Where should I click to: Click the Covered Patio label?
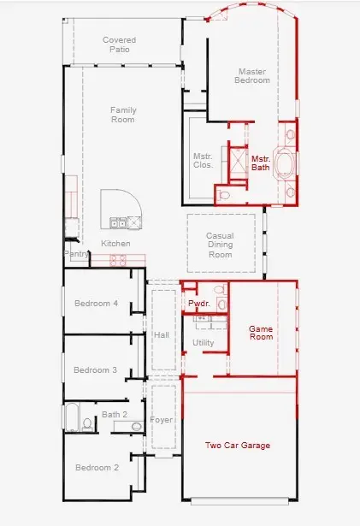(x=120, y=44)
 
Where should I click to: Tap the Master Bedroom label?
(x=252, y=76)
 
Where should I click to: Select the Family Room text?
(x=123, y=115)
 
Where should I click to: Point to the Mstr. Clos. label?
(x=203, y=161)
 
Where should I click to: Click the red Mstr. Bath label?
(x=261, y=163)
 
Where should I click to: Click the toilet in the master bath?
(x=223, y=194)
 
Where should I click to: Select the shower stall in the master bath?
(x=238, y=162)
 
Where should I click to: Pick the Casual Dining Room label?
(x=220, y=245)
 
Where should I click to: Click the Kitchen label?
(x=115, y=244)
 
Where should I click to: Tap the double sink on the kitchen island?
(x=118, y=222)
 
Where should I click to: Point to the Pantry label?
(x=76, y=254)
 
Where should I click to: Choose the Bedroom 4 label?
(x=96, y=304)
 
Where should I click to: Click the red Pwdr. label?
(x=199, y=304)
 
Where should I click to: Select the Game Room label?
(x=261, y=333)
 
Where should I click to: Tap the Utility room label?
(x=203, y=343)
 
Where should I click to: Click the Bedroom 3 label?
(x=95, y=370)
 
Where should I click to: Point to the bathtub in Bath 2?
(x=72, y=417)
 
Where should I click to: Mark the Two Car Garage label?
(x=238, y=446)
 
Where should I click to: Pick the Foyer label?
(x=162, y=420)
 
